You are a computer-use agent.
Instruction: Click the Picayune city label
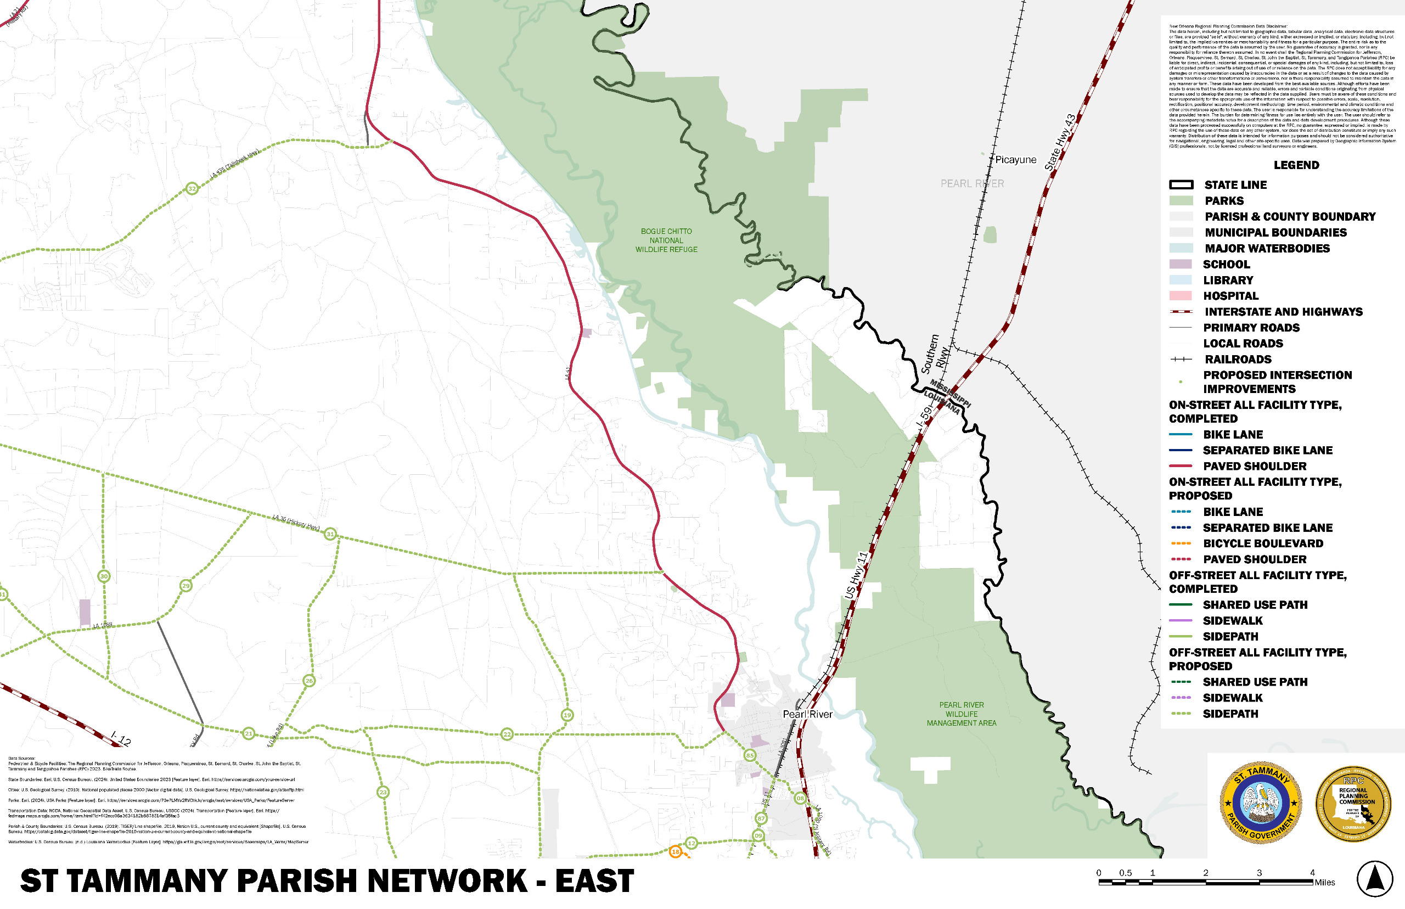[1015, 159]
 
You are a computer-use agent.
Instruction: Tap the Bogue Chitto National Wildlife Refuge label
[666, 240]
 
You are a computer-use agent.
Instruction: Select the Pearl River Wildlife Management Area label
[961, 714]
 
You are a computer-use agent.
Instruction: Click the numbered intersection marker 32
[192, 189]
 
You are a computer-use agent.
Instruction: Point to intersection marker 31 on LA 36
[330, 534]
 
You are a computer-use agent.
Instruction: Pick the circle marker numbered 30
[104, 576]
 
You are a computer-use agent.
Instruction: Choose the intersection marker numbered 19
[567, 715]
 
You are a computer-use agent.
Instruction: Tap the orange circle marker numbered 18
[676, 852]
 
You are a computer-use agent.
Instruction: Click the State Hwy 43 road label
[1060, 142]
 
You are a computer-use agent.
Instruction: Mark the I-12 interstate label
[121, 738]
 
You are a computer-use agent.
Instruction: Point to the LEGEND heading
[1296, 165]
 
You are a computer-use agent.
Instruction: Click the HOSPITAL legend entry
[1231, 296]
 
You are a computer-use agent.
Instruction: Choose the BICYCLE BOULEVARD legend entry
[1263, 543]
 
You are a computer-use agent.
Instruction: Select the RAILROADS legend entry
[1238, 359]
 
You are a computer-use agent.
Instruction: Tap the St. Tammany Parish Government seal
[1261, 802]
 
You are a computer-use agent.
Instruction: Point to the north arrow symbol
[1375, 879]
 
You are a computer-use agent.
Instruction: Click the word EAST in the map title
[594, 881]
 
